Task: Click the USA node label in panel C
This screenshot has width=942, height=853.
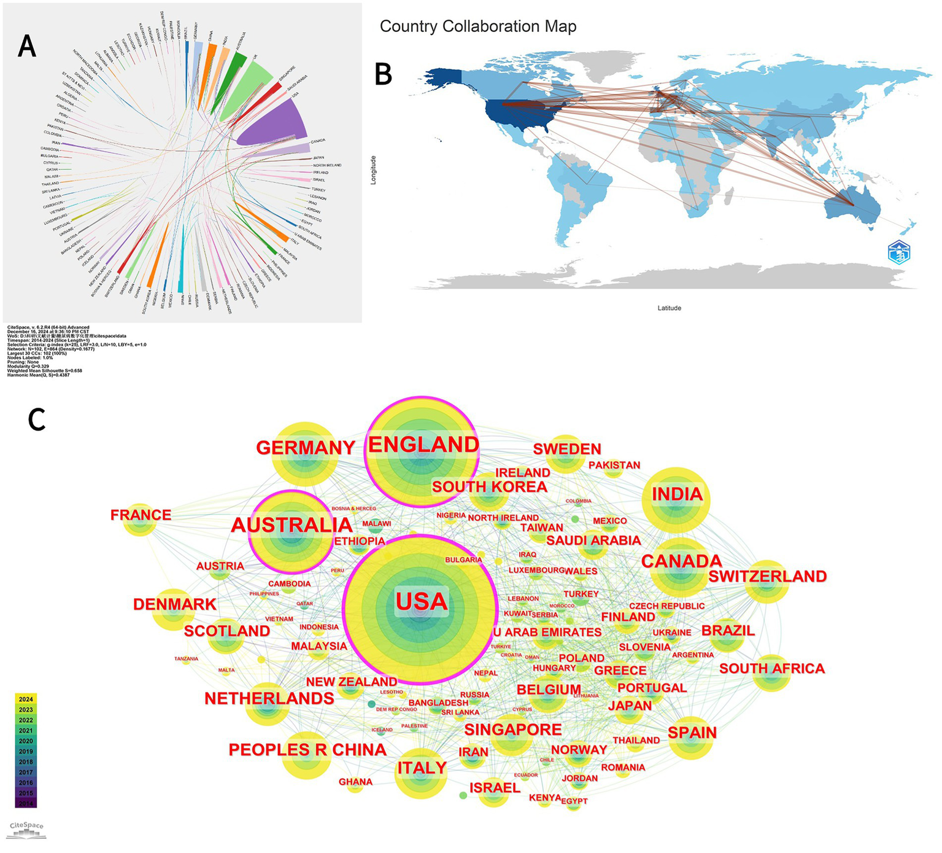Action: (422, 601)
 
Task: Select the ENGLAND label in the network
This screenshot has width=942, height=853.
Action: (423, 445)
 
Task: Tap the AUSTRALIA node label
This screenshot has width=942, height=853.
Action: (292, 525)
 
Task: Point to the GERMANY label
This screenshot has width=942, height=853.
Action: (306, 448)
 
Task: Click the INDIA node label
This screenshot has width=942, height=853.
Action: (677, 494)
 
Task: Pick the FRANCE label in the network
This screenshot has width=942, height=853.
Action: (141, 515)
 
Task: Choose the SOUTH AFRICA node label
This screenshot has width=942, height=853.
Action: (772, 668)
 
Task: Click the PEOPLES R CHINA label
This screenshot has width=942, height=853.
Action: (307, 750)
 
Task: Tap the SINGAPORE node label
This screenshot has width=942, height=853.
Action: (513, 730)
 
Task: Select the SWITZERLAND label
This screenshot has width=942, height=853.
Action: (767, 577)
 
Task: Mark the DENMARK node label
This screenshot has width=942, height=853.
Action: (175, 604)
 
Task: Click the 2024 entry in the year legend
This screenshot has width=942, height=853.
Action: (26, 699)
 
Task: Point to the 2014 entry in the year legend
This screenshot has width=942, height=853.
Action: (26, 803)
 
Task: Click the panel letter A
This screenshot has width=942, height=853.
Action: (26, 46)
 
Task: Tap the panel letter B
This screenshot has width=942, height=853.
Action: (384, 74)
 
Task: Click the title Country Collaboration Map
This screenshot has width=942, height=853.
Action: (478, 26)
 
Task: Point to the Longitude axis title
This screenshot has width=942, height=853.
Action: (373, 170)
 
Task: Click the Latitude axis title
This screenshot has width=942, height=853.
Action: (669, 308)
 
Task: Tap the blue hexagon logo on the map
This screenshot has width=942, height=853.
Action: (899, 252)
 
